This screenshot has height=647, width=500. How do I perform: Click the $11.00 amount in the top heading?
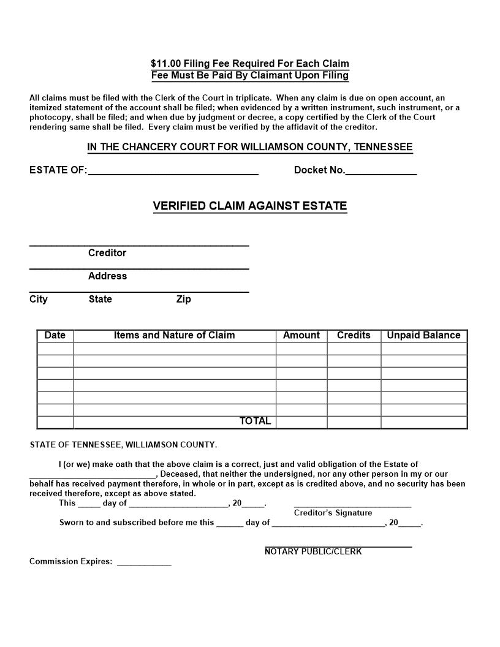click(x=165, y=64)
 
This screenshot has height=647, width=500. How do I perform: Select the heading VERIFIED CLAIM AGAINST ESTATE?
click(x=250, y=206)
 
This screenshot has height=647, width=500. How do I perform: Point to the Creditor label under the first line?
click(x=107, y=253)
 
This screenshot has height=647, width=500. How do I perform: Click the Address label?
click(x=107, y=276)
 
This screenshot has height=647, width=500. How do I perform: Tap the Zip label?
click(x=183, y=299)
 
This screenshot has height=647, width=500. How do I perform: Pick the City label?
click(x=38, y=299)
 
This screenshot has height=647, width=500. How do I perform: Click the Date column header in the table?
click(x=55, y=335)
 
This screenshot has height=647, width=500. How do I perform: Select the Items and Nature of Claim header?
click(x=174, y=335)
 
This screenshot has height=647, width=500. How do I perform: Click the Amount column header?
click(x=301, y=335)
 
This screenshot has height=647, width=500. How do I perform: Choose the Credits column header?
click(x=354, y=335)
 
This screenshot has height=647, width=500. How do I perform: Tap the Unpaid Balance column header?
click(x=423, y=335)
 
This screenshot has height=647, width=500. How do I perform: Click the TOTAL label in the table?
click(x=255, y=421)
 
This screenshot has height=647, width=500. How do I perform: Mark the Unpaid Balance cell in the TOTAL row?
click(x=423, y=422)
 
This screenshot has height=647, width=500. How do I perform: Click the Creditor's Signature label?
click(x=333, y=513)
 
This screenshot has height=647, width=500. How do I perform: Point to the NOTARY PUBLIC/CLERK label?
click(x=313, y=551)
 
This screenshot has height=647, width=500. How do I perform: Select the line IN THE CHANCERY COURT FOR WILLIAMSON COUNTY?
click(x=250, y=147)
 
